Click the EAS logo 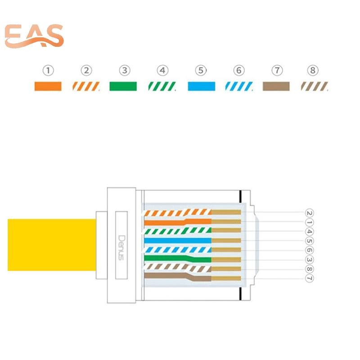pos(34,37)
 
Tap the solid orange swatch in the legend pos(48,86)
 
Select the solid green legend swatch pos(123,86)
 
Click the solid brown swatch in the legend pos(276,86)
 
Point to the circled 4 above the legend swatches pos(162,71)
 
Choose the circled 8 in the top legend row pos(314,71)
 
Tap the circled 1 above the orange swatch pos(48,71)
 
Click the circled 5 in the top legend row pos(201,71)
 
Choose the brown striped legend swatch pos(314,86)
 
